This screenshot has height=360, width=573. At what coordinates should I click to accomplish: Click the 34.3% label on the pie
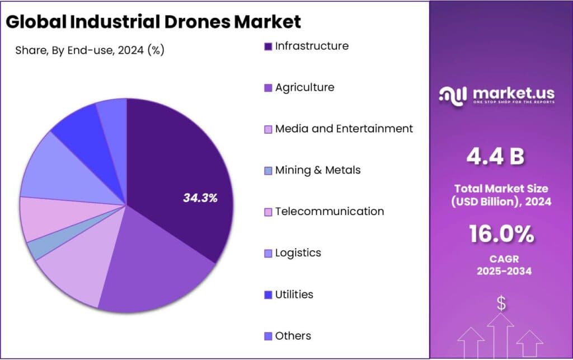coord(200,198)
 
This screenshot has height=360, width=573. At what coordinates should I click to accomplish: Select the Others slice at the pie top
coord(114,115)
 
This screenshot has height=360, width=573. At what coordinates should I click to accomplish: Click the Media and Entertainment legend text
coord(344,129)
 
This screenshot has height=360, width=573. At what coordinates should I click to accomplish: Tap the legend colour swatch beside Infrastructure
coord(268,46)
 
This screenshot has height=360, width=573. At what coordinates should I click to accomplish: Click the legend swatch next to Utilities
coord(268,295)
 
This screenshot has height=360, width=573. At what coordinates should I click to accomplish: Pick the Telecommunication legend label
coord(329,212)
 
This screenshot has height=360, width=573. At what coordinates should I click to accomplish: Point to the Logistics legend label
coord(298,253)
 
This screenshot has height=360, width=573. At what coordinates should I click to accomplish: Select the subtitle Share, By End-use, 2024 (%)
coord(90,50)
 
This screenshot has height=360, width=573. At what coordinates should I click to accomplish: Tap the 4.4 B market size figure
coord(495,157)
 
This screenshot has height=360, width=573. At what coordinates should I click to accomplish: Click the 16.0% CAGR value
coord(501,234)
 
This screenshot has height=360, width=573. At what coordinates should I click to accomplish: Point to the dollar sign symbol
coord(501,304)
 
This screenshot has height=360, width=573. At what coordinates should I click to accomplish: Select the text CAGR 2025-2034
coord(501,265)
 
